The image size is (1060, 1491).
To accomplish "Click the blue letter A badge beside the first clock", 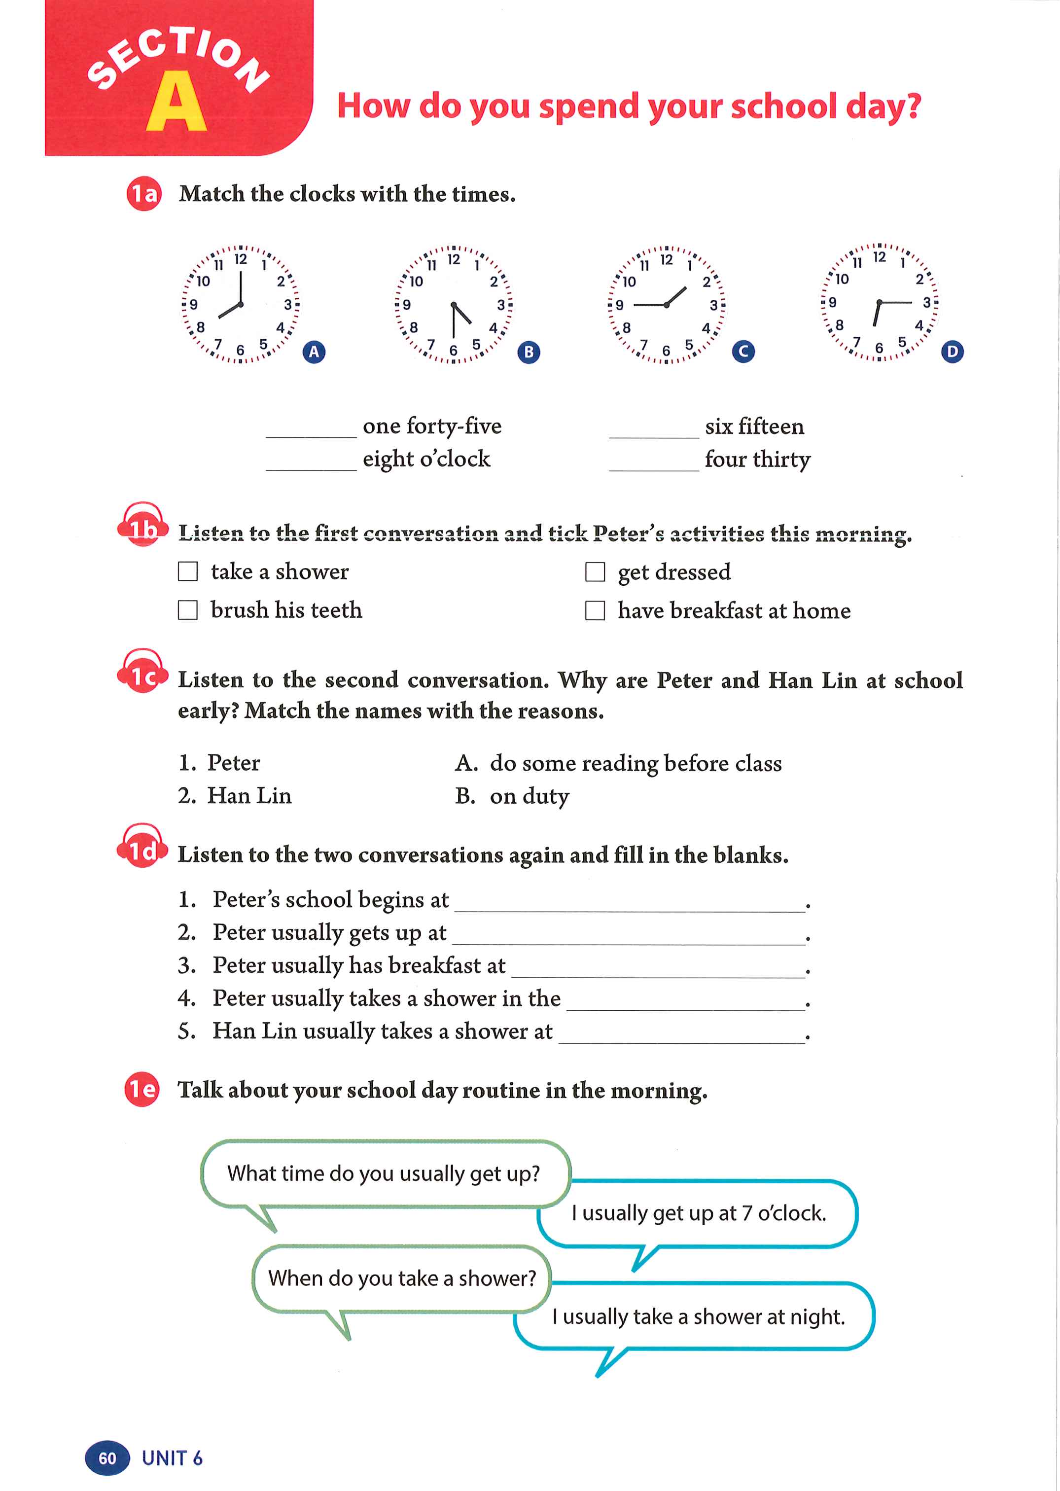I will click(x=314, y=352).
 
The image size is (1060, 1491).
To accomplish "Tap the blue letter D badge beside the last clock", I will click(x=953, y=352).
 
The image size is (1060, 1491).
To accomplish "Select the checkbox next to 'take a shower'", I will click(x=188, y=571).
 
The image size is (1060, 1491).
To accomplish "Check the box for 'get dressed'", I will click(x=595, y=572).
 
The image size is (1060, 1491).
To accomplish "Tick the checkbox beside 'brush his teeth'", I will click(x=188, y=610).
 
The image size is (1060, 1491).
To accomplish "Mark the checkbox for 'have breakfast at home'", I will click(x=595, y=610).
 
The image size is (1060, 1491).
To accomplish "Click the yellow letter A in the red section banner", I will click(x=176, y=103).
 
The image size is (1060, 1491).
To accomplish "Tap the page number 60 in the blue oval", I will click(x=107, y=1457).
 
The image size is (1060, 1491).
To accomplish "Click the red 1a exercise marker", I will click(x=143, y=194).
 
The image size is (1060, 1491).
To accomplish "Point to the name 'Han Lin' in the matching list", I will click(x=249, y=795).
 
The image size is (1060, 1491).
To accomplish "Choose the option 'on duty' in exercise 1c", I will click(x=530, y=796).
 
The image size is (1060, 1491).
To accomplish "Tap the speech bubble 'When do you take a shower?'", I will click(x=401, y=1278).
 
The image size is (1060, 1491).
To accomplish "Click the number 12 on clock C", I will click(x=666, y=260).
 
